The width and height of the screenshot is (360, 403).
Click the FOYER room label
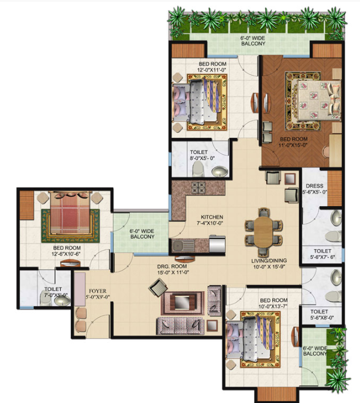coord(98,291)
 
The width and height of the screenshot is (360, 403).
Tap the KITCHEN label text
coord(212,217)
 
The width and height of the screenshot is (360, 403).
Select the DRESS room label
coord(314,186)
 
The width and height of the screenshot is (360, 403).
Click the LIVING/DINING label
coord(269,261)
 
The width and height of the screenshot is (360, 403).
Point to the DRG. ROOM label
coord(172,267)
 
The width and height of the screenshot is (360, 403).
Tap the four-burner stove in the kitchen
coord(198,187)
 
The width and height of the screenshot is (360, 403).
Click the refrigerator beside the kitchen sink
coord(217,244)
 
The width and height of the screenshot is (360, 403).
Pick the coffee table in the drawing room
coord(183,303)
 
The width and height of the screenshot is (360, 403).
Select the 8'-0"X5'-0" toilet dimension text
coord(203,158)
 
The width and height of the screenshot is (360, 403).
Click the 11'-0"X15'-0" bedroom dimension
coord(293,145)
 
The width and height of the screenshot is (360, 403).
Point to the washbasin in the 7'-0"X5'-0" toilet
coord(61,302)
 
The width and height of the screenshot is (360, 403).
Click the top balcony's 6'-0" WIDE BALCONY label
coord(253,41)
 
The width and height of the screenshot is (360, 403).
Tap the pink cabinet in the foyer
coord(80,289)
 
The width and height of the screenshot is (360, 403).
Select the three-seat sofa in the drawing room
coord(180,326)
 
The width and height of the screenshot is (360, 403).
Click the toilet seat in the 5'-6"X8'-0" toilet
coord(333,296)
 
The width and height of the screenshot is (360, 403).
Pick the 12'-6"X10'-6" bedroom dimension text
coord(67,254)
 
